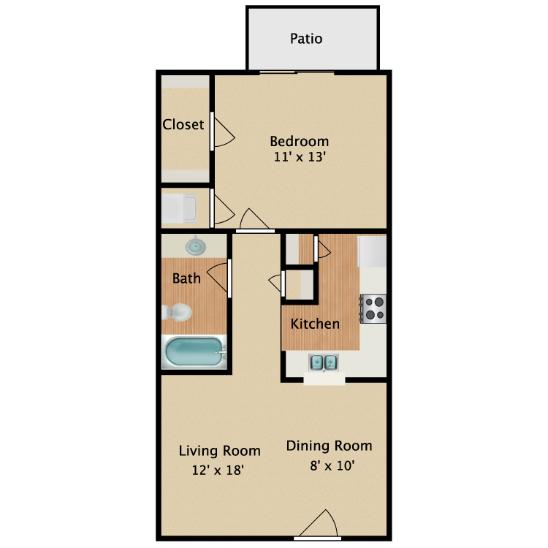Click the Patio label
pos(306,39)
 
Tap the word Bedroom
pos(300,141)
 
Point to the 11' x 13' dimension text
pos(300,156)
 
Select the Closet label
pos(183,125)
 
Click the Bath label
pos(186,278)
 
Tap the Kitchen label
pos(315,324)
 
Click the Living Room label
pos(219,451)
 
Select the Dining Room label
pos(329,446)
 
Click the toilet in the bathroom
pos(177,313)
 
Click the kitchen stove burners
pos(375,308)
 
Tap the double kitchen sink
pos(323,362)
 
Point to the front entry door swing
pos(319,523)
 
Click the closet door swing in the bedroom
pos(223,132)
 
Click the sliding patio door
pos(297,72)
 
